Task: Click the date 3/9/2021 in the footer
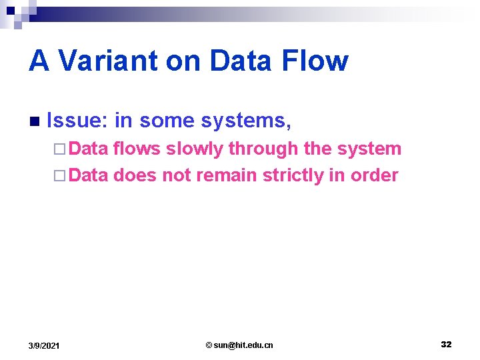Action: [44, 345]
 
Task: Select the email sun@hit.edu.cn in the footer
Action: [239, 345]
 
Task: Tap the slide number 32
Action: [446, 344]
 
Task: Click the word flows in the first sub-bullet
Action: [137, 149]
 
